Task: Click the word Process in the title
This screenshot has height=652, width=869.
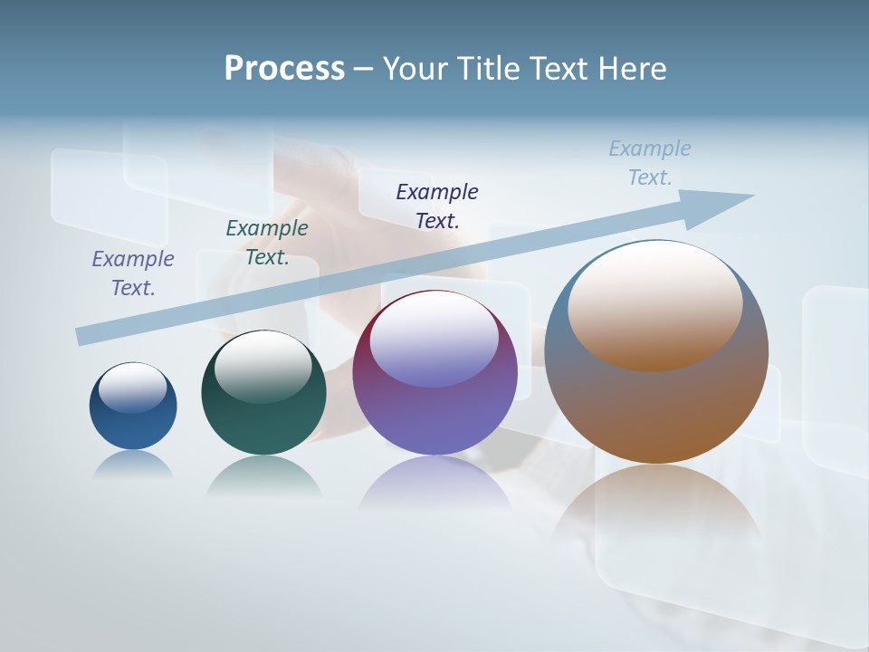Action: click(284, 69)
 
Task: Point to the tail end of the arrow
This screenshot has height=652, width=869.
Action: click(83, 336)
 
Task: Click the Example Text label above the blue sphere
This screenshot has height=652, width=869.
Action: click(133, 273)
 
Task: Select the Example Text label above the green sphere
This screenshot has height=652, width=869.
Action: click(267, 242)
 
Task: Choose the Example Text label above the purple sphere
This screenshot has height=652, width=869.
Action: click(437, 206)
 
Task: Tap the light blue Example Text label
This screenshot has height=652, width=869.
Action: click(650, 163)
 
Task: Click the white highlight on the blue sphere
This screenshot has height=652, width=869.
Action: click(133, 388)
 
